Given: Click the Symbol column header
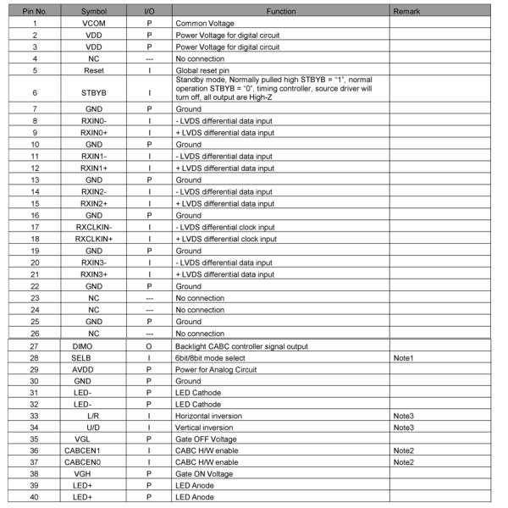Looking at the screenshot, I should coord(94,13).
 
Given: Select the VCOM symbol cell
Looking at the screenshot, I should coord(94,24).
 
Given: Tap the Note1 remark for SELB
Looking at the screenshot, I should coord(403,358).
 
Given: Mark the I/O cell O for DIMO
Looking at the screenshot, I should coord(149,346).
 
